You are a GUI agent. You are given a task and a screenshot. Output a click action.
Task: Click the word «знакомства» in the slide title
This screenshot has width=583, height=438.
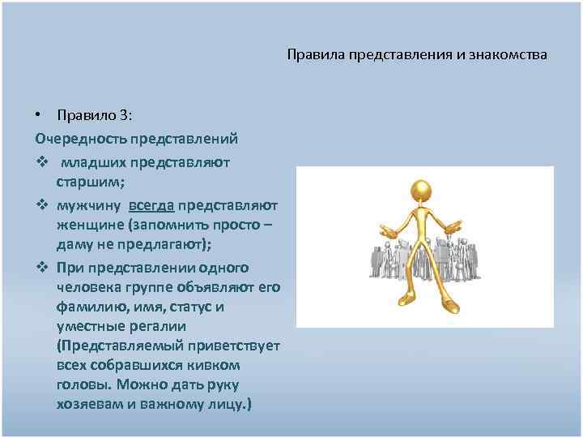pyautogui.click(x=508, y=55)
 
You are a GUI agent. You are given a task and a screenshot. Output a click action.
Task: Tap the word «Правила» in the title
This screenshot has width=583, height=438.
pyautogui.click(x=312, y=55)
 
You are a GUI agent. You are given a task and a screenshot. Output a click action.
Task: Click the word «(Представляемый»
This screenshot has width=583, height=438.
pyautogui.click(x=116, y=346)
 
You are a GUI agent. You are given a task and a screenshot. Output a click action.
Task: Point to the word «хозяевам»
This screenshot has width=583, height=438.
pyautogui.click(x=88, y=403)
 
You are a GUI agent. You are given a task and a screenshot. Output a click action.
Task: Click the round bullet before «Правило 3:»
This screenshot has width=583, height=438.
pyautogui.click(x=40, y=114)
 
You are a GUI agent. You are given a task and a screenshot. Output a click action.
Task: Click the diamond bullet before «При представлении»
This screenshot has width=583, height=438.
pyautogui.click(x=41, y=268)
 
